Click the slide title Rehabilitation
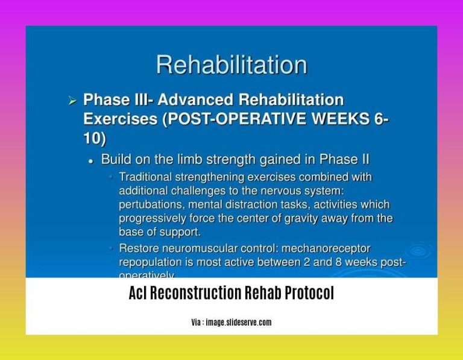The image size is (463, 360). pyautogui.click(x=231, y=65)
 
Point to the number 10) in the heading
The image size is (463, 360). pyautogui.click(x=95, y=138)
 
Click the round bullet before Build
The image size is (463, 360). pyautogui.click(x=90, y=160)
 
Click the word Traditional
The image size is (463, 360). pyautogui.click(x=148, y=177)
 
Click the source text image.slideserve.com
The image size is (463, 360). pyautogui.click(x=238, y=323)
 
